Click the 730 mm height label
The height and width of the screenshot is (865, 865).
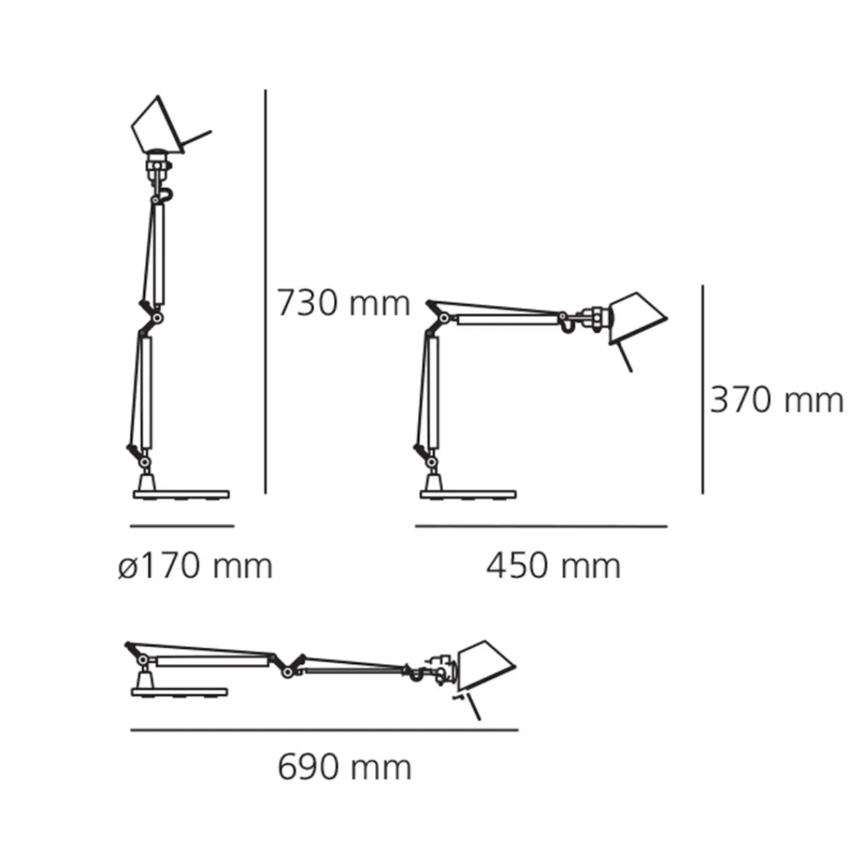[344, 303]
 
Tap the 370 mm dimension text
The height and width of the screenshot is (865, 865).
[776, 400]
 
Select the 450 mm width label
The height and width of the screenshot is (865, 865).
[553, 567]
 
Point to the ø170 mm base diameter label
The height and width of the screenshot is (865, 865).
[195, 567]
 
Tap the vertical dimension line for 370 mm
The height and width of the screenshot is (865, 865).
[703, 389]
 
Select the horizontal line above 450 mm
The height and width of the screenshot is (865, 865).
[541, 527]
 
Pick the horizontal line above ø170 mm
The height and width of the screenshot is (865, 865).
[182, 526]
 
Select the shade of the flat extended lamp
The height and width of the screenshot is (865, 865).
[487, 664]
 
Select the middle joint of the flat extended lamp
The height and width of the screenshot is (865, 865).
[288, 672]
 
